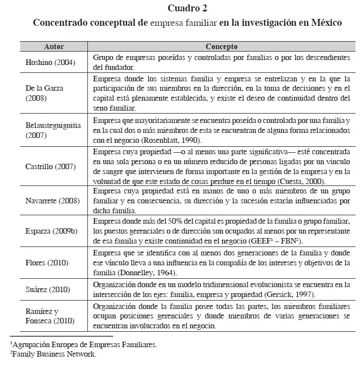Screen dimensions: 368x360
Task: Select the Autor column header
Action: (54, 47)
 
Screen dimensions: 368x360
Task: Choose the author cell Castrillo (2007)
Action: (50, 167)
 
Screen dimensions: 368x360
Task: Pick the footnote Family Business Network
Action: (53, 354)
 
